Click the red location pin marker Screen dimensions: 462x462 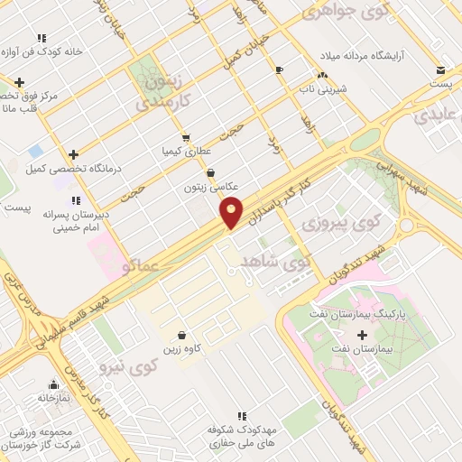[231, 211]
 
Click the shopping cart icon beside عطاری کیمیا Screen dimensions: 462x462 [185, 138]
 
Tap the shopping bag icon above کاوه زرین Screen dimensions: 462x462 [182, 334]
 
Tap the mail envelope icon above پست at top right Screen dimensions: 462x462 [439, 69]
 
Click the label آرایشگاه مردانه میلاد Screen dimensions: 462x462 [347, 57]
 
